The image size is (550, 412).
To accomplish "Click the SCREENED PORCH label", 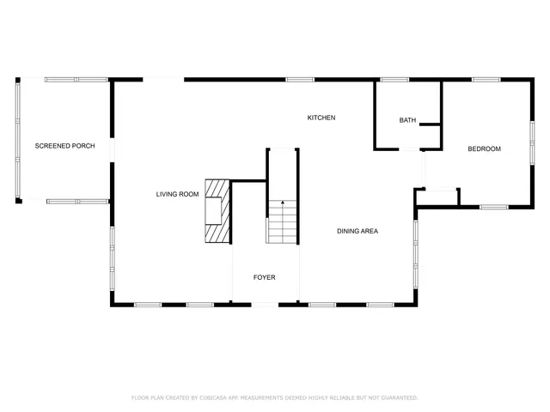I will (64, 146).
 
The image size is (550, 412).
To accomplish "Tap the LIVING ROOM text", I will (177, 194).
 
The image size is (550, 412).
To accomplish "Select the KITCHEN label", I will (321, 118).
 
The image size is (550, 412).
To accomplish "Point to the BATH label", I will (407, 120).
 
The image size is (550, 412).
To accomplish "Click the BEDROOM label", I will (484, 149).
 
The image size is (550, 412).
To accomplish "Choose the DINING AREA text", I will (357, 231).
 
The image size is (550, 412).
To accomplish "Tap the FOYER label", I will (264, 277).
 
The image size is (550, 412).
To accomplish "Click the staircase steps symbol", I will (282, 221).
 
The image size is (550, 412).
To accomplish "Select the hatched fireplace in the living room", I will (217, 212).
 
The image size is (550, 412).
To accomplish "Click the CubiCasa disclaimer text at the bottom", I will (275, 397).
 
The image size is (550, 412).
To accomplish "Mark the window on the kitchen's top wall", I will (299, 80).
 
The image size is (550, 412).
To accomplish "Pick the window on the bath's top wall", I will (394, 80).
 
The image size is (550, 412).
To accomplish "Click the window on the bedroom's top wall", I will (486, 80).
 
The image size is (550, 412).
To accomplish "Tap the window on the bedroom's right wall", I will (532, 141).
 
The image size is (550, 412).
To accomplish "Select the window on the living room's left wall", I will (112, 257).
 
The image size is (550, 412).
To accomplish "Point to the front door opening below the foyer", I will (264, 304).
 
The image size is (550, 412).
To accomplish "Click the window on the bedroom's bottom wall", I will (493, 206).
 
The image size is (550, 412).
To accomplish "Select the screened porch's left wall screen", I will (18, 140).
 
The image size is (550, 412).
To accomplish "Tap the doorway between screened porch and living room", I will (112, 150).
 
